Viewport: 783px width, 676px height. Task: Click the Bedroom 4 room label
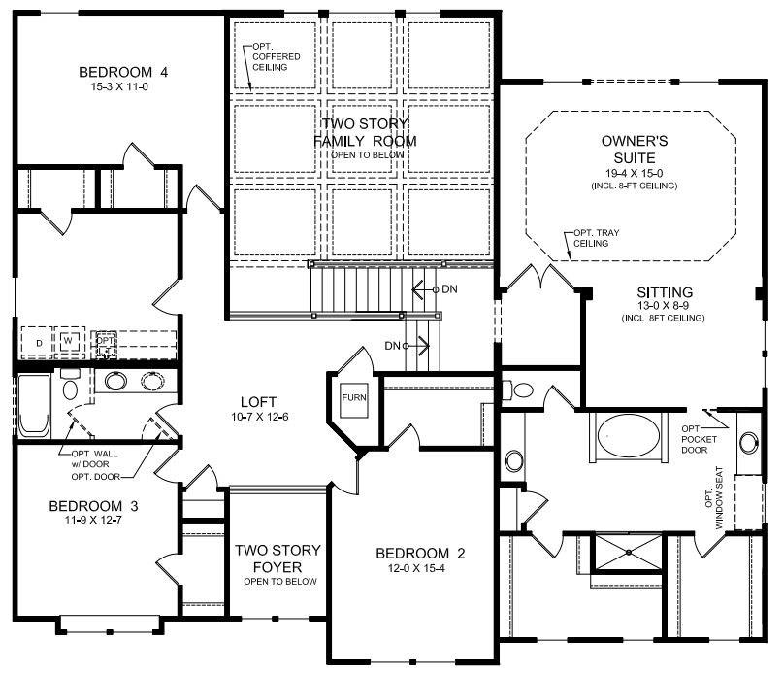(123, 72)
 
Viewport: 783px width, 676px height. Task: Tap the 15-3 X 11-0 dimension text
(119, 87)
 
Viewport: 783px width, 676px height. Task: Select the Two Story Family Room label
(365, 132)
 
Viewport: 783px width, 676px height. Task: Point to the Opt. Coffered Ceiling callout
(277, 57)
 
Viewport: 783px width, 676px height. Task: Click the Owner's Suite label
(635, 150)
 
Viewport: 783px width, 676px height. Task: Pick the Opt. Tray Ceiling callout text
(596, 238)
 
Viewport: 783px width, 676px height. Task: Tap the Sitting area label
(665, 292)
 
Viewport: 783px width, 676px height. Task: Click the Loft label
(258, 402)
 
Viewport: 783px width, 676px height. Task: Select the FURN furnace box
(354, 400)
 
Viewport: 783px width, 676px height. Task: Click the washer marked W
(69, 341)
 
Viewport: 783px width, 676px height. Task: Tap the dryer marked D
(39, 343)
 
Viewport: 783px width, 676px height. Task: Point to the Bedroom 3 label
(93, 506)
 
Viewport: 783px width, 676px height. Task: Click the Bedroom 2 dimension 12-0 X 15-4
(416, 568)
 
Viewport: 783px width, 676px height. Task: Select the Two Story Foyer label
(277, 558)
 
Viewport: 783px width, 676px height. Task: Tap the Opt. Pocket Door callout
(699, 440)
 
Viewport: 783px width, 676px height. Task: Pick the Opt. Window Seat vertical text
(713, 498)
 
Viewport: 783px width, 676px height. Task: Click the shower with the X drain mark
(629, 553)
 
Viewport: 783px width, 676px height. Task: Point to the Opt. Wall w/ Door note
(94, 459)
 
